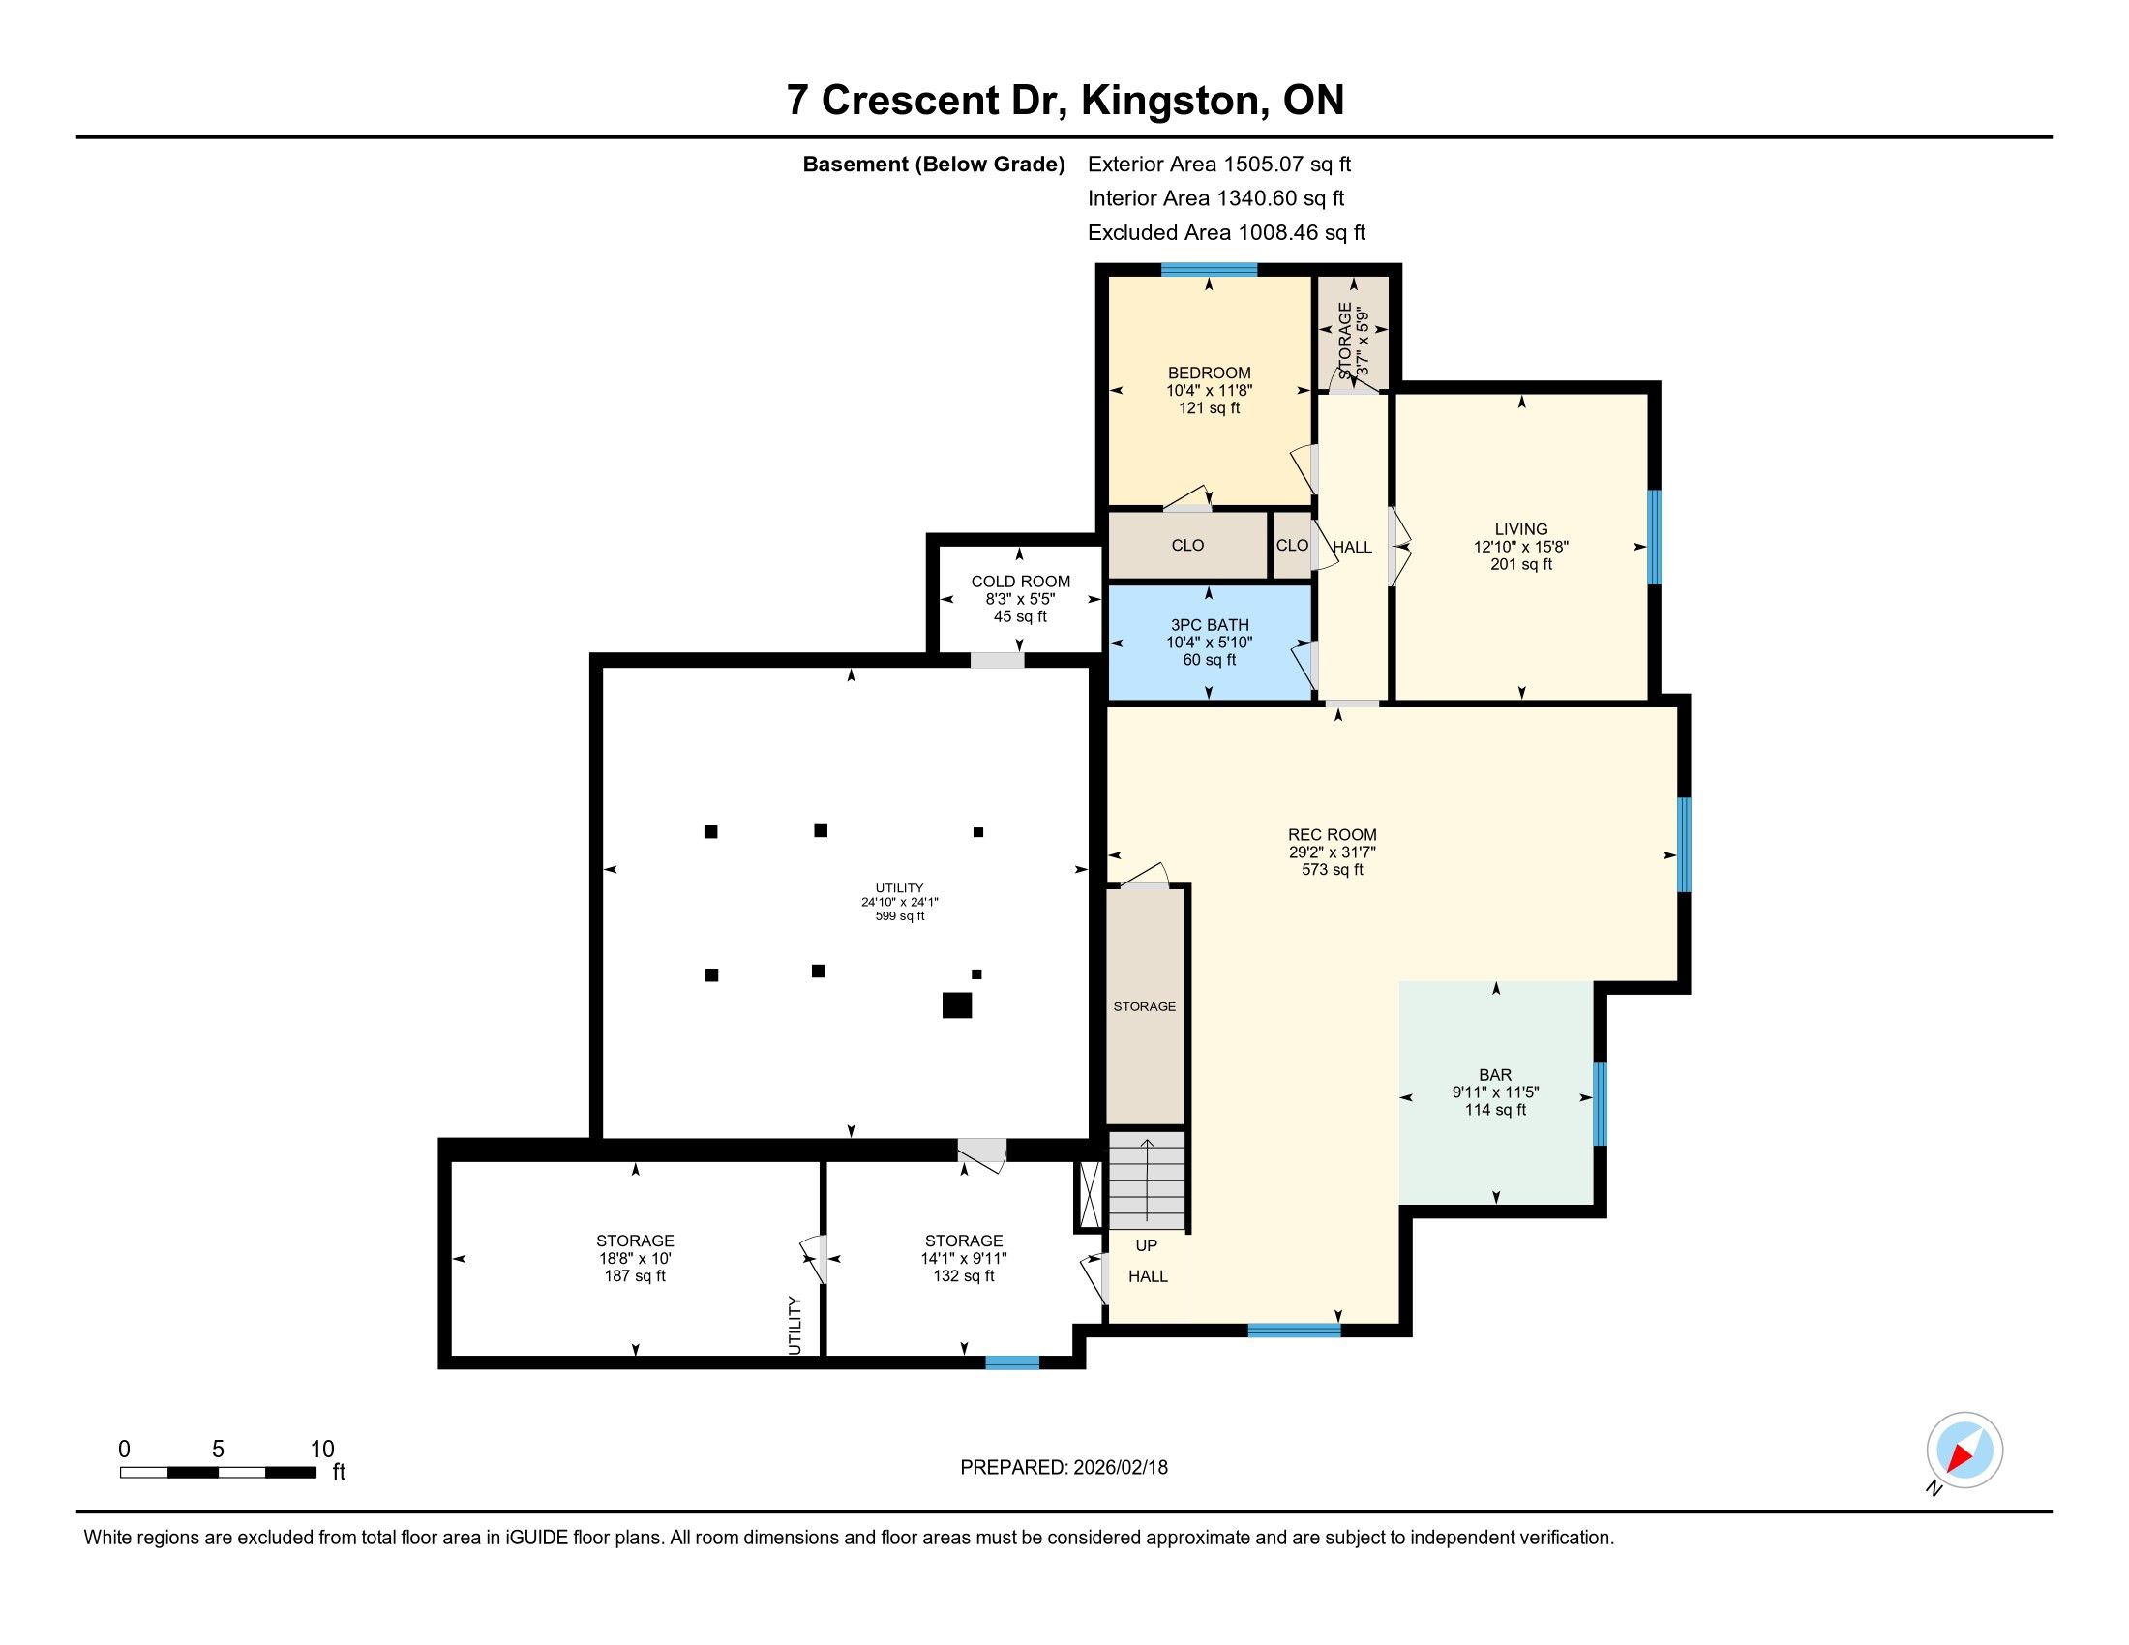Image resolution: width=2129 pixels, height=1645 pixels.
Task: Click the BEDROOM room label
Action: coord(1209,374)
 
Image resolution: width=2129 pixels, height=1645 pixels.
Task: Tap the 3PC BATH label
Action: coord(1209,626)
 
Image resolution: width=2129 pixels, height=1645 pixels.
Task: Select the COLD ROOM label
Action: coord(1020,582)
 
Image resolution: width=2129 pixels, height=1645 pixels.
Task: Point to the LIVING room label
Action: coord(1520,529)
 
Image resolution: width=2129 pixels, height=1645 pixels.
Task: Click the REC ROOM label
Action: coord(1332,834)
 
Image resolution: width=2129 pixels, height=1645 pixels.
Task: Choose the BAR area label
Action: coord(1495,1075)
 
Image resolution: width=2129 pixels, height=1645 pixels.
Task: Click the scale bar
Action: coord(218,1473)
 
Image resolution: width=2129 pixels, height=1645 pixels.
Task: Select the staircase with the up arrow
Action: coord(1148,1181)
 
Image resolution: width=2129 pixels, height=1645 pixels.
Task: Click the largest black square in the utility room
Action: coord(956,1004)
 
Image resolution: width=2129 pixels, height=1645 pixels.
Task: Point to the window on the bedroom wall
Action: coord(1209,270)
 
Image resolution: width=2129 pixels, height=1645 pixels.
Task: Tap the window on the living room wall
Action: coord(1653,537)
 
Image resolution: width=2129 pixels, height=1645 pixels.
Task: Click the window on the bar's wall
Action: coord(1599,1104)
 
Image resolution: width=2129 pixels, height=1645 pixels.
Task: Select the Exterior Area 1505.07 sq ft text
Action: coord(1218,164)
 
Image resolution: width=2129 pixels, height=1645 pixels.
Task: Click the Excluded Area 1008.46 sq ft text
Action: coord(1226,232)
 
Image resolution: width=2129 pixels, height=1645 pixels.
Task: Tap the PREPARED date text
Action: coord(1064,1468)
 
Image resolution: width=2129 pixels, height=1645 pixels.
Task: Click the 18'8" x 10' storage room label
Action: coord(635,1258)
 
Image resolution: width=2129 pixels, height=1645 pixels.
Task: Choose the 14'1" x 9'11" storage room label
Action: coord(963,1258)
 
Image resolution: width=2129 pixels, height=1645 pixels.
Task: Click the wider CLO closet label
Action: coord(1187,546)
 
